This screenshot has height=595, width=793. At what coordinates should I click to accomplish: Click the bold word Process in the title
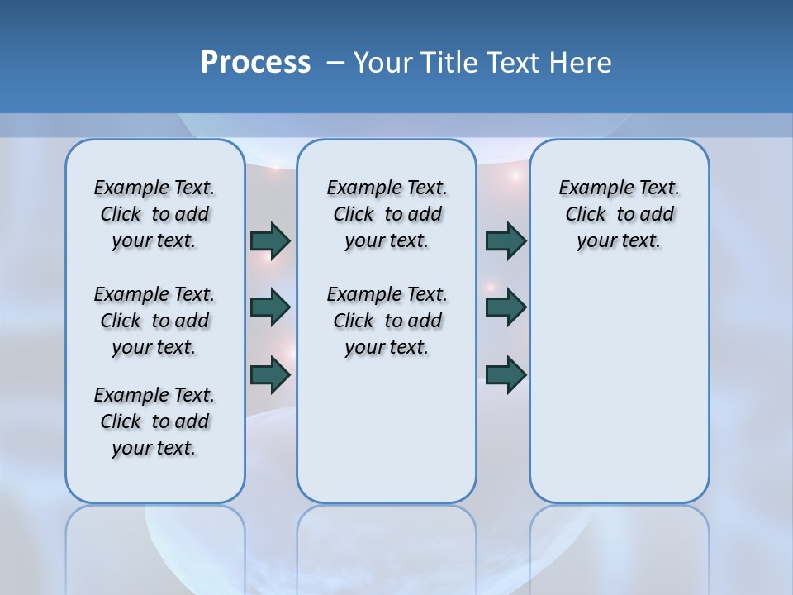255,63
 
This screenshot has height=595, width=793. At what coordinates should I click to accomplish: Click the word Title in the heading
449,63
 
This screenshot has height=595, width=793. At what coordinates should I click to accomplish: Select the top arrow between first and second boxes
270,240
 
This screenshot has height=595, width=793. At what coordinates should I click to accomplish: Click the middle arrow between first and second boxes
270,307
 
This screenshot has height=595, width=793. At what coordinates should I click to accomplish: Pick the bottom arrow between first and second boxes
270,374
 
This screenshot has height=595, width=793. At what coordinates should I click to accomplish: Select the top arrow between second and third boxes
506,240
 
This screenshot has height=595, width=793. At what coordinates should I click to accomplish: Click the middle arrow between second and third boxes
506,307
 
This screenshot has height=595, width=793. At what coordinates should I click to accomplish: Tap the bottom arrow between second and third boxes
506,374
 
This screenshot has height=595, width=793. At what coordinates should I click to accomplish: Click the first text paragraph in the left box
154,214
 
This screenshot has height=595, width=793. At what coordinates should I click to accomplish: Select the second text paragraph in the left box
154,321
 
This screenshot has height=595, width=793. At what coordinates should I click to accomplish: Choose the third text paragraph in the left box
154,421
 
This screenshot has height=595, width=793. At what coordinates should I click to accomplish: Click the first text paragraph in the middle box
387,214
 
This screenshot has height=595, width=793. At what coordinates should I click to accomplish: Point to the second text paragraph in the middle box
387,321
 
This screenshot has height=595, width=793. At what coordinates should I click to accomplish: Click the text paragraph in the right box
619,214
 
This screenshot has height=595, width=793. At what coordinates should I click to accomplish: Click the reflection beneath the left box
154,545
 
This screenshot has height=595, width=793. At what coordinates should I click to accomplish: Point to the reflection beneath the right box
619,545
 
